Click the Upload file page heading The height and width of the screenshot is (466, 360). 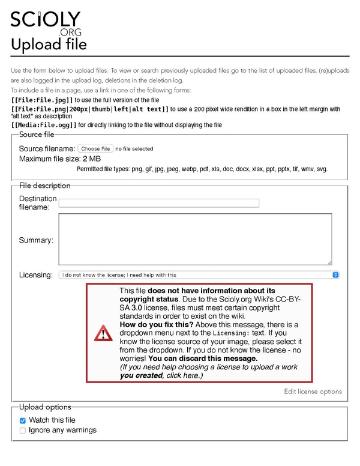point(49,44)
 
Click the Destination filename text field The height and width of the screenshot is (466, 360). point(158,203)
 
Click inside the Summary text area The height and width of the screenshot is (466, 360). point(195,239)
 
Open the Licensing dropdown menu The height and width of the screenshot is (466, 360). point(199,274)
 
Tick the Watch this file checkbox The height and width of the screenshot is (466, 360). point(23,420)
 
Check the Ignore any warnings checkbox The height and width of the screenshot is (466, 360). point(23,430)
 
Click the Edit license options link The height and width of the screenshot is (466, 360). point(313,392)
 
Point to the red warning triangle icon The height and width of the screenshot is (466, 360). point(103,333)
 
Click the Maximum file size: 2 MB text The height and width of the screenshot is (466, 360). point(60,159)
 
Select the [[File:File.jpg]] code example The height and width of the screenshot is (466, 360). point(42,100)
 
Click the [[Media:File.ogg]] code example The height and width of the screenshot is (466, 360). point(44,125)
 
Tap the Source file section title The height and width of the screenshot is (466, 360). point(37,135)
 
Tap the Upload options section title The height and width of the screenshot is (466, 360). point(45,407)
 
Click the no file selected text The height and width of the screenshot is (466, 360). point(134,148)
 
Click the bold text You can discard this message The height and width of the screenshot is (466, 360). point(199,359)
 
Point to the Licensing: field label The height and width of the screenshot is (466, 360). point(36,274)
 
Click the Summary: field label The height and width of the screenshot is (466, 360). point(36,240)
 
